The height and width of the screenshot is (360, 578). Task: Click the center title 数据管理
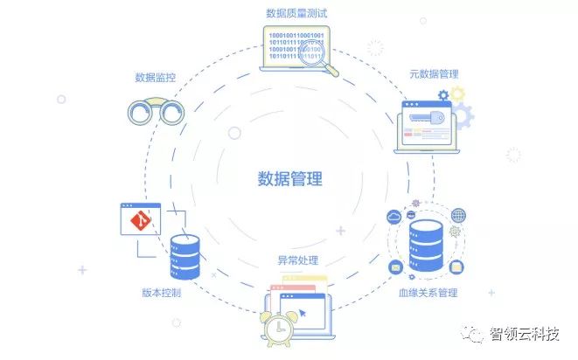pos(289,179)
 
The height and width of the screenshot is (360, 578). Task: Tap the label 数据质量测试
pos(296,14)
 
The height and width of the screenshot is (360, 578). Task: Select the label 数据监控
pos(155,78)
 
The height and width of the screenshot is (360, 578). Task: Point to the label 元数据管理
pos(435,74)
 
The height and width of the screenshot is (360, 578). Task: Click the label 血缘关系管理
pos(428,293)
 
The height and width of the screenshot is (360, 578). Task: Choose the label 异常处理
pos(298,260)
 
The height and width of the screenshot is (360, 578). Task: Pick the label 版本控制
pos(162,293)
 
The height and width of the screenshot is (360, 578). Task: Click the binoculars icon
pos(156,110)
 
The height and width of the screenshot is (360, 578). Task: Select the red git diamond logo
pos(141,221)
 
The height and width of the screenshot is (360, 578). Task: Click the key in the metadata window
pos(427,118)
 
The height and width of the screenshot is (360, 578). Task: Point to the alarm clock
pos(278,329)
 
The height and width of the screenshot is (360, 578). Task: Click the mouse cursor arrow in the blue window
pos(303,313)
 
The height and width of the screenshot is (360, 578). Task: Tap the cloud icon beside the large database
pos(394,217)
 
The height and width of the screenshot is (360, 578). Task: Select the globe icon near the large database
pos(458,216)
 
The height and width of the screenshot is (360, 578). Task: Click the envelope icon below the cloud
pos(395,267)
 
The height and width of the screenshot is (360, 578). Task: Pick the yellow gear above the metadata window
pos(457,94)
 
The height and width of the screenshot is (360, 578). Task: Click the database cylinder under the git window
pos(185,257)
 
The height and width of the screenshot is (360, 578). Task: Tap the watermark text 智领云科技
pos(525,334)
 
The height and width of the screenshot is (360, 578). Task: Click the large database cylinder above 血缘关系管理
pos(426,246)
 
